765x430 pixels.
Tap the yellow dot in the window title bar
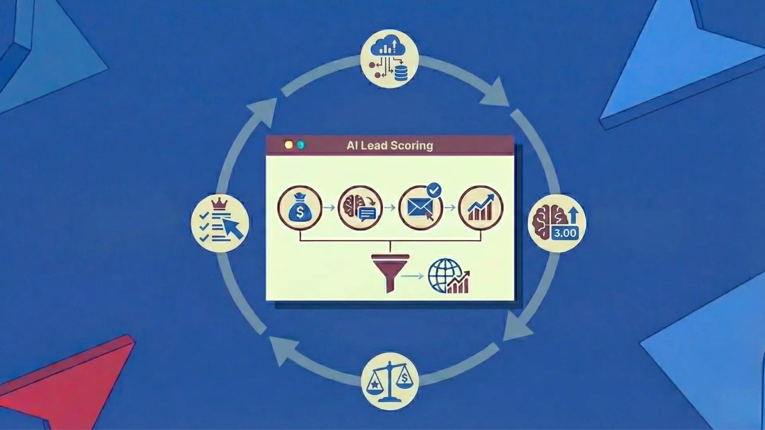tap(289, 145)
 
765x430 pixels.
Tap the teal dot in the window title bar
tap(301, 145)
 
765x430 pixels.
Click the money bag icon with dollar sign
tap(300, 208)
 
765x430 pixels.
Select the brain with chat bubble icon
tap(360, 208)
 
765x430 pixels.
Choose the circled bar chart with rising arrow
tap(481, 208)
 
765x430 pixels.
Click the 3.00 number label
tap(565, 233)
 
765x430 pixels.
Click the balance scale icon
tap(389, 382)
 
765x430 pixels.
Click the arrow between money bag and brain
tap(329, 208)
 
